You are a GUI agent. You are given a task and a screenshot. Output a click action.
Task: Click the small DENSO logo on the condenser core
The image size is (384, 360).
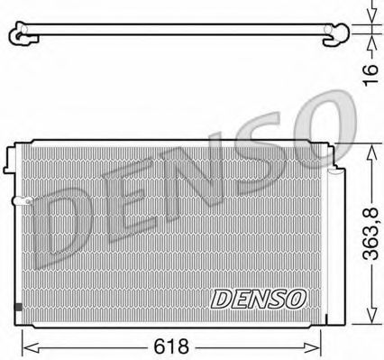260,295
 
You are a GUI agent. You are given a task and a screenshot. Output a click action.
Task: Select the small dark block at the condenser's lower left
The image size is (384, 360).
18,308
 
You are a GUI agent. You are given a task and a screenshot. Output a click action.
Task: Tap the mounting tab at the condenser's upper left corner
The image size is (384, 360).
13,158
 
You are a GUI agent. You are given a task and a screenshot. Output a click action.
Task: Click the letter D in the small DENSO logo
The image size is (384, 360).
219,295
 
